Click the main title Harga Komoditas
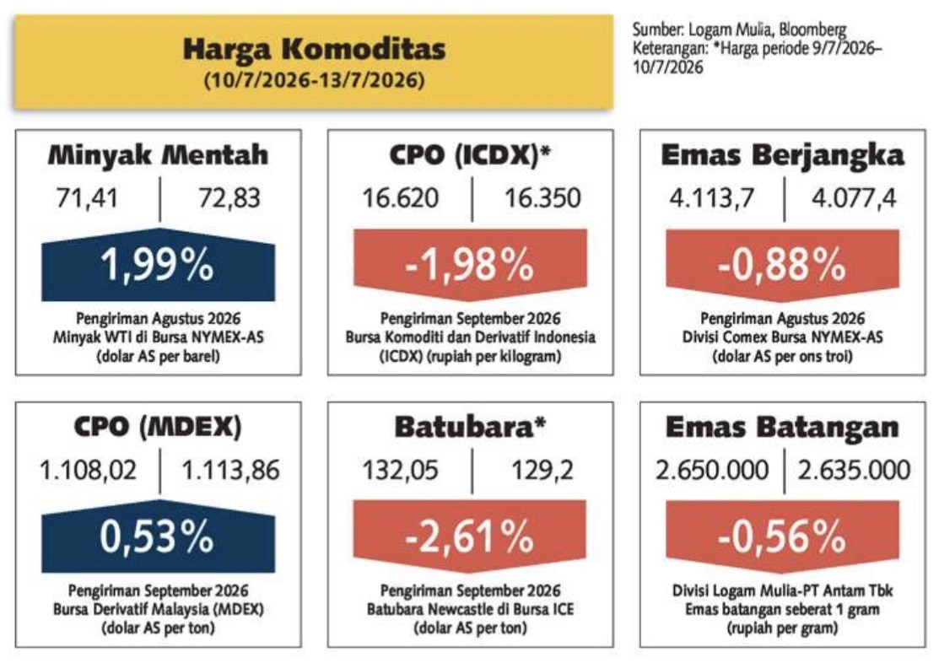point(315,49)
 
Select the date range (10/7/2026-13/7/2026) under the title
point(315,79)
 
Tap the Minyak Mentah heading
point(158,156)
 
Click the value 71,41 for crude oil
point(88,197)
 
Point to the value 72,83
point(229,197)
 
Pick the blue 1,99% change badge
point(158,265)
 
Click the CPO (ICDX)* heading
point(470,156)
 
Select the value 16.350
point(542,197)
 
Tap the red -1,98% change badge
point(470,265)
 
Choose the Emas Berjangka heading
point(783,156)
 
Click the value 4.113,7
point(712,197)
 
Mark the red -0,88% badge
point(783,265)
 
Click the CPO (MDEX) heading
point(158,427)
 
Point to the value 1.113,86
point(230,470)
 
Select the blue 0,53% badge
point(158,536)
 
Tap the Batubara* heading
point(470,427)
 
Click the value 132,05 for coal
point(400,470)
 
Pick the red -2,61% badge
point(470,536)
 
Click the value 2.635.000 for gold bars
point(854,470)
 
